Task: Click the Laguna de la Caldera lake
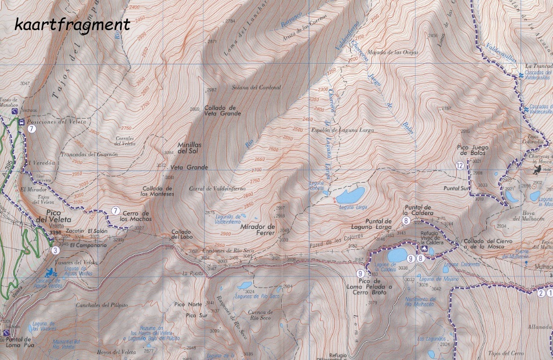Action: (x=397, y=255)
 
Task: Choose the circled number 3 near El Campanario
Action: (x=55, y=250)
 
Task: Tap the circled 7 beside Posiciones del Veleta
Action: (x=32, y=129)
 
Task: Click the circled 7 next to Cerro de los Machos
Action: (x=115, y=210)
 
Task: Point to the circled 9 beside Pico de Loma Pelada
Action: (x=360, y=274)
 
